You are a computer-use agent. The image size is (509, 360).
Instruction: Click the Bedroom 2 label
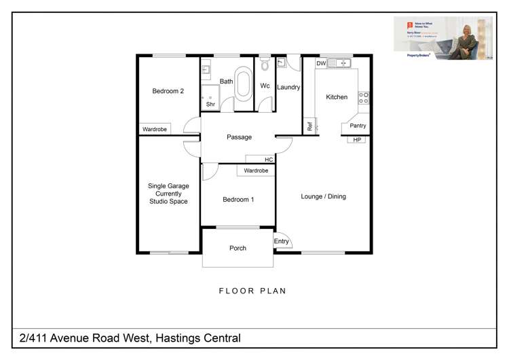[x=168, y=91]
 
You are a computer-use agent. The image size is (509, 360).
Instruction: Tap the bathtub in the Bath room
[x=242, y=84]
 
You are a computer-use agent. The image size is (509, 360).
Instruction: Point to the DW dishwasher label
[x=322, y=64]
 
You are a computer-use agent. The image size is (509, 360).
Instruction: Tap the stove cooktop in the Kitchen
[x=364, y=98]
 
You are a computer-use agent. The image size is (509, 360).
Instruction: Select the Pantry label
[x=358, y=126]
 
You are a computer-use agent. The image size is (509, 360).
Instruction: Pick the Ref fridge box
[x=310, y=126]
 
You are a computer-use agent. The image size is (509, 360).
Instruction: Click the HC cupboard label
[x=269, y=160]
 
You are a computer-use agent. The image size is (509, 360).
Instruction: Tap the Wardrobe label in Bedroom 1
[x=256, y=170]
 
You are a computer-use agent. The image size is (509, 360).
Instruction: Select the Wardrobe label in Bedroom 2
[x=155, y=129]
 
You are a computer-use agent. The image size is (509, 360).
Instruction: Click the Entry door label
[x=282, y=241]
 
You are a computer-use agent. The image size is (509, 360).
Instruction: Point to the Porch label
[x=238, y=248]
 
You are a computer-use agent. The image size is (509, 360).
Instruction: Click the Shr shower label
[x=210, y=105]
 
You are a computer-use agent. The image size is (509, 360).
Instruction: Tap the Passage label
[x=239, y=137]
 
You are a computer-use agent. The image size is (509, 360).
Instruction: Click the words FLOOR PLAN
[x=252, y=291]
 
